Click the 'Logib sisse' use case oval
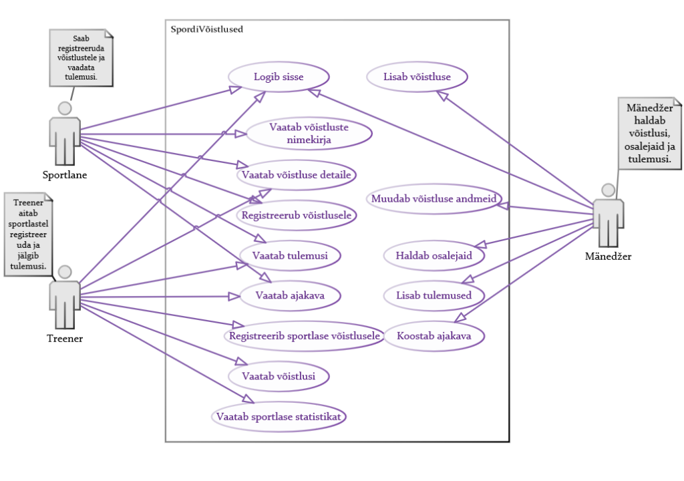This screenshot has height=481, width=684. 279,77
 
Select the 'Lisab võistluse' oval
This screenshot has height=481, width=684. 417,77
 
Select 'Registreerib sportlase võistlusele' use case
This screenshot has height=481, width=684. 305,335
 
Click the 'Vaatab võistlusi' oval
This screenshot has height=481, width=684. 279,376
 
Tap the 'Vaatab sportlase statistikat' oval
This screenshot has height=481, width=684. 279,417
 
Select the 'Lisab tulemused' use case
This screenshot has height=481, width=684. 434,295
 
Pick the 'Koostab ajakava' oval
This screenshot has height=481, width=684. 434,335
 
